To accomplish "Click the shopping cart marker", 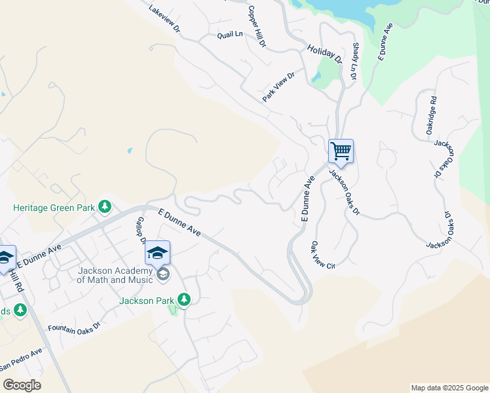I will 341,151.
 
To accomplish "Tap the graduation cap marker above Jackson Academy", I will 157,253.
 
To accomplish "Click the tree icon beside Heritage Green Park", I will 104,207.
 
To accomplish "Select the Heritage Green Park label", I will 53,208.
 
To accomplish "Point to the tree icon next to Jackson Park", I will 184,300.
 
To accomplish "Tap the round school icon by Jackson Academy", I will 163,274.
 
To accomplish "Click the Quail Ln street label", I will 230,34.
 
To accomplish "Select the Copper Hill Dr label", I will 257,26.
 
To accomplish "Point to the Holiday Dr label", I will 326,53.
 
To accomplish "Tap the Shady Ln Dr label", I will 354,62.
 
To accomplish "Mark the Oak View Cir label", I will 323,256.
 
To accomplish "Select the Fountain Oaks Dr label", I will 74,326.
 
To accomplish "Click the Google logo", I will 22,385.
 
